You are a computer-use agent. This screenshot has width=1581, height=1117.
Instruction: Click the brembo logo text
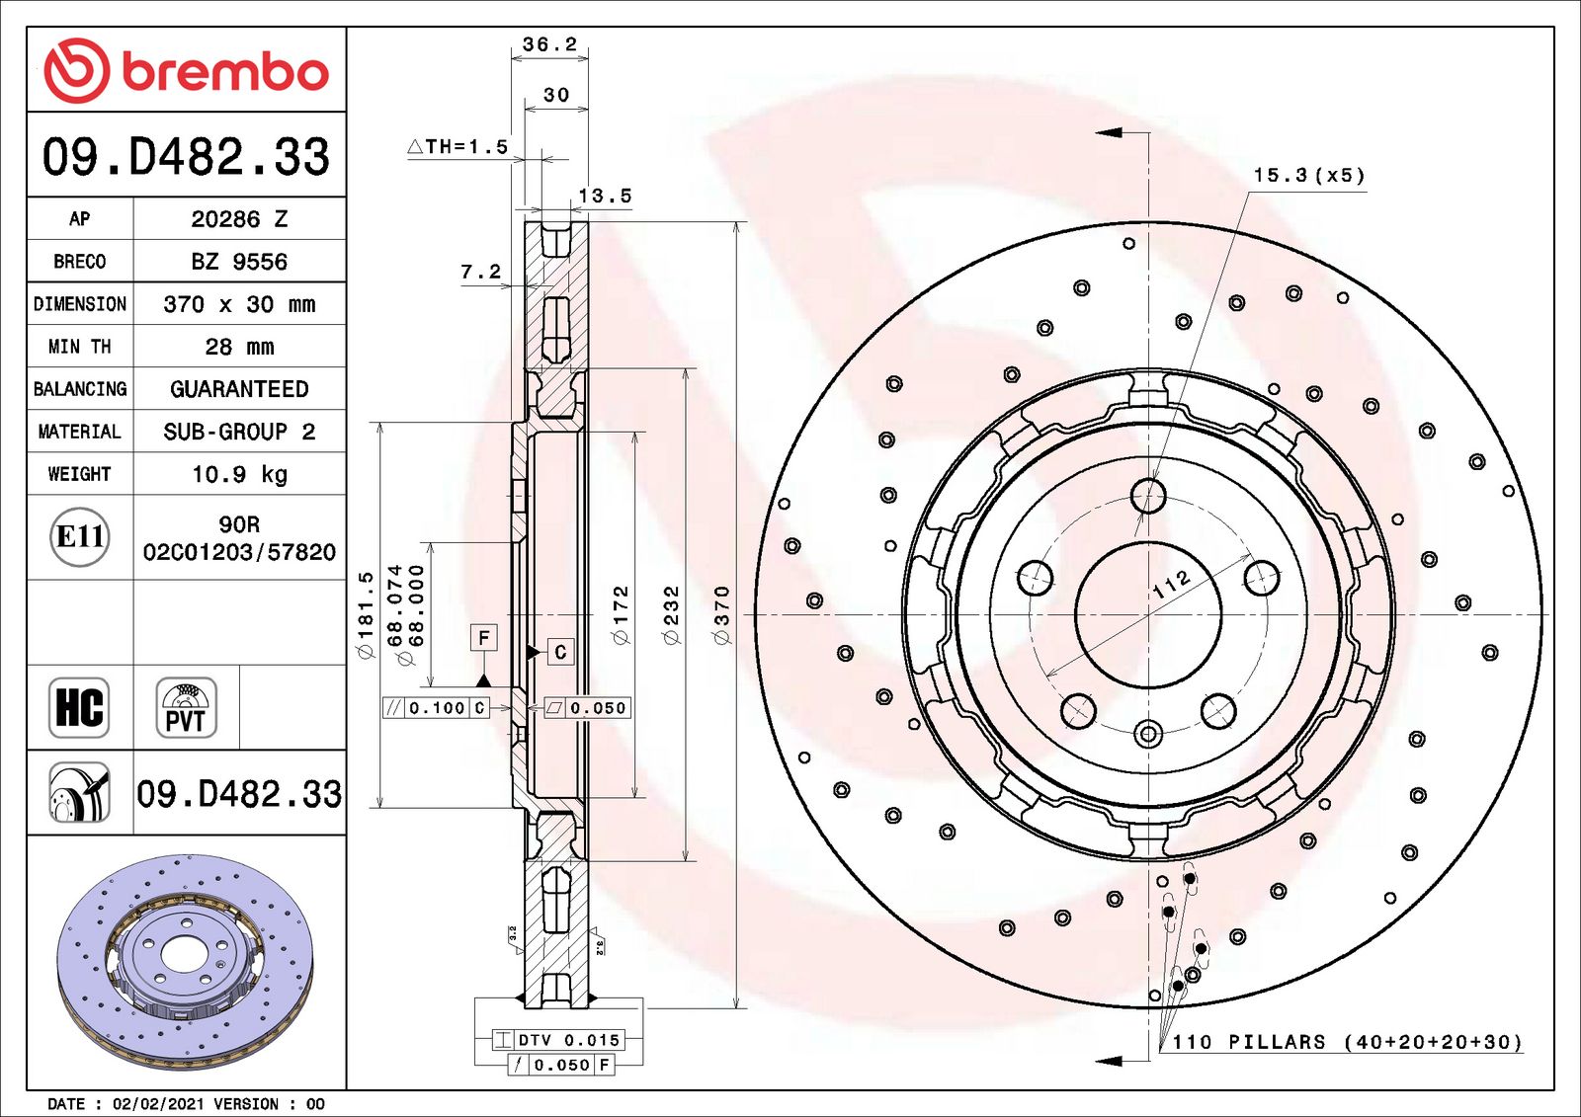click(224, 71)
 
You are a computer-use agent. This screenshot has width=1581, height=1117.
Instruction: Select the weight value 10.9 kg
click(239, 474)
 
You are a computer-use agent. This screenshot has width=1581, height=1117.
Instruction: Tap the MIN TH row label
click(79, 347)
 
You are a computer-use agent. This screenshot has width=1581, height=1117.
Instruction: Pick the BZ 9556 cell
click(239, 262)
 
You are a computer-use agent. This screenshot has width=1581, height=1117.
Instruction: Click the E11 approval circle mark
click(79, 536)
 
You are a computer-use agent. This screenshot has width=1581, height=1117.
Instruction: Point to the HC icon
click(79, 707)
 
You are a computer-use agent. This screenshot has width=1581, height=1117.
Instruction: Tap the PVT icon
click(186, 707)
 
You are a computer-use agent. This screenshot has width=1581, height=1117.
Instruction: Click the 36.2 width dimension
click(549, 44)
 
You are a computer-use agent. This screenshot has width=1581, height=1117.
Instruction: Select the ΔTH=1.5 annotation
click(458, 147)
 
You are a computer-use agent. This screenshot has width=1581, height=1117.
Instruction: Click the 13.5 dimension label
click(605, 196)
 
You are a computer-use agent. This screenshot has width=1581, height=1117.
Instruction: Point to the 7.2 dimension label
click(481, 272)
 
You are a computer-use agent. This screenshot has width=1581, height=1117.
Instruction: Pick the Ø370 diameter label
click(722, 614)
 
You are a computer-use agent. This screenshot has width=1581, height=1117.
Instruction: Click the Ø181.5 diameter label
click(366, 614)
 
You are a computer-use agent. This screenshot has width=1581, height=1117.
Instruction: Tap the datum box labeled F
click(483, 638)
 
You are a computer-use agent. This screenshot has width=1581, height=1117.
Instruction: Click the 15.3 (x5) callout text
click(1308, 176)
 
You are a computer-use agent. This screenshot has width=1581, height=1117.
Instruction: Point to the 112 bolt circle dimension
click(1172, 585)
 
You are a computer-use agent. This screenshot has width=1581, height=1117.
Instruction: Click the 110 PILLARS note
click(1347, 1042)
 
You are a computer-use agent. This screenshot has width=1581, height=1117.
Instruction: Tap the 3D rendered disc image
click(185, 962)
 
